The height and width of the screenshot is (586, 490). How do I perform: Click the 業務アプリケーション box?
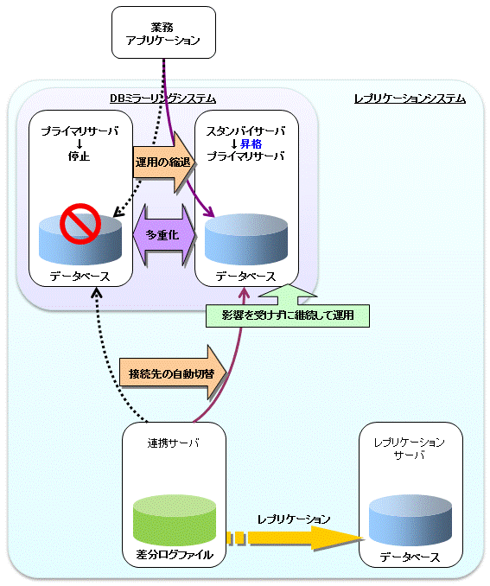click(163, 32)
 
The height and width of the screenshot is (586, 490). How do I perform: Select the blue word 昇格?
click(251, 143)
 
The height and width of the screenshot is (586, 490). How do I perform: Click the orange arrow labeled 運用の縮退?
click(164, 162)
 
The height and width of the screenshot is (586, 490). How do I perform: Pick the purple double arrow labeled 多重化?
click(164, 235)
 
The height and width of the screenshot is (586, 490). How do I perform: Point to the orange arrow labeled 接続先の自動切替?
click(173, 373)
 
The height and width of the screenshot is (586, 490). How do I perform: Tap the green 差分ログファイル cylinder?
click(175, 519)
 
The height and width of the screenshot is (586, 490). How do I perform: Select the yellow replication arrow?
click(296, 538)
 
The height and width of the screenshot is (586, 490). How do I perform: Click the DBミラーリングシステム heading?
click(162, 99)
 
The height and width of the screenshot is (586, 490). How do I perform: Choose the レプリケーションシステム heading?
click(410, 99)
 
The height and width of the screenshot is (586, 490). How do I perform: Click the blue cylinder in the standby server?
click(246, 239)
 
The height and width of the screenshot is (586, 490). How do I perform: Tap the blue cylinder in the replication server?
click(410, 519)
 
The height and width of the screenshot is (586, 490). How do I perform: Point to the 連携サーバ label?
click(174, 443)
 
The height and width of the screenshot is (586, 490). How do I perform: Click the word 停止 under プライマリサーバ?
click(80, 156)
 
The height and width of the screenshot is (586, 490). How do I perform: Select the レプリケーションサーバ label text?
click(410, 449)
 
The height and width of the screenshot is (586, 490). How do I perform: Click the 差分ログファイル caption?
click(175, 554)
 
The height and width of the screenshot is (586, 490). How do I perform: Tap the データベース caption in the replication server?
click(410, 557)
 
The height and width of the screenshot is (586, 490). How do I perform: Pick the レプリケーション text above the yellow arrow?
click(294, 519)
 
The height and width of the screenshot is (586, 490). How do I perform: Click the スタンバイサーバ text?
click(245, 131)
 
